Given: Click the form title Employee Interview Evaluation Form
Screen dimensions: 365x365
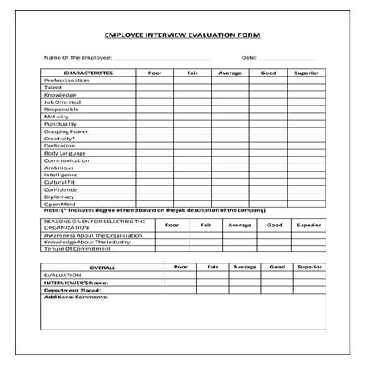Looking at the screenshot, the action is point(183,35).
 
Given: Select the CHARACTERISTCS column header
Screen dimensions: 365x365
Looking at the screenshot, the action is point(88,73).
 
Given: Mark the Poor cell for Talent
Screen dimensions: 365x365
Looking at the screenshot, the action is point(154,88).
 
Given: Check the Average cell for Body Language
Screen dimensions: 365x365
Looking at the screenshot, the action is point(229,153).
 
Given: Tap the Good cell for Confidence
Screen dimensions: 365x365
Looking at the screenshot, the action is point(268,189).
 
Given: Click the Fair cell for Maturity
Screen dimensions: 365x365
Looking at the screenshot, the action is point(192,117).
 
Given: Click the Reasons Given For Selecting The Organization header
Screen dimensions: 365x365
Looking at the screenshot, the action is point(95,224).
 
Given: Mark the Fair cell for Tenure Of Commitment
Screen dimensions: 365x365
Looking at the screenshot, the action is point(205,249).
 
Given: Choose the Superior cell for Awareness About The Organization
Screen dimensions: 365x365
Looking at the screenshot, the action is point(309,234).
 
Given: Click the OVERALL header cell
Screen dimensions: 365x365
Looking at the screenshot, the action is point(102,267).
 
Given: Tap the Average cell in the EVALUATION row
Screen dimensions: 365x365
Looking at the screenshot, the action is point(244,275).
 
